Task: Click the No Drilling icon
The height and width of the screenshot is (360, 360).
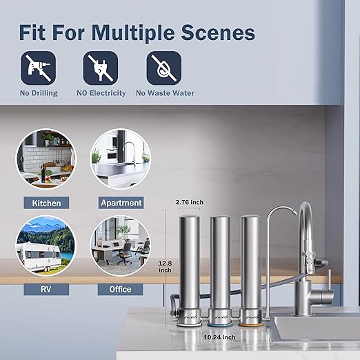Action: pyautogui.click(x=38, y=68)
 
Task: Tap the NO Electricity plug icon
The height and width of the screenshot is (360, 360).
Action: pyautogui.click(x=101, y=68)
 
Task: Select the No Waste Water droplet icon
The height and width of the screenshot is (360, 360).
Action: pyautogui.click(x=164, y=68)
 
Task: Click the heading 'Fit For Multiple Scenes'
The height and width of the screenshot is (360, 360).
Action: pyautogui.click(x=137, y=32)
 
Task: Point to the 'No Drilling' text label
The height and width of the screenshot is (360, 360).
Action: pyautogui.click(x=38, y=93)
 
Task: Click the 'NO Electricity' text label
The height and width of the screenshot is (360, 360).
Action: pyautogui.click(x=101, y=93)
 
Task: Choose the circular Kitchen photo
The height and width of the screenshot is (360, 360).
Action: pyautogui.click(x=46, y=159)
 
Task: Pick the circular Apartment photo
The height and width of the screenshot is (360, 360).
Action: pyautogui.click(x=121, y=159)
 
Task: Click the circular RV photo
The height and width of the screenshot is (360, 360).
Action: pyautogui.click(x=46, y=245)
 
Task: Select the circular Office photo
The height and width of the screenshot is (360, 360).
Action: pyautogui.click(x=121, y=245)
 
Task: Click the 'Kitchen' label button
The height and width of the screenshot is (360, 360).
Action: pyautogui.click(x=46, y=203)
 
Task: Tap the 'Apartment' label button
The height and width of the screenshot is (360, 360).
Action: pyautogui.click(x=121, y=203)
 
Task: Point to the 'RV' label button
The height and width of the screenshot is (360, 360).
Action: pyautogui.click(x=46, y=289)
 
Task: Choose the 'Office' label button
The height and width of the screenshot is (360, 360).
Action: pyautogui.click(x=121, y=289)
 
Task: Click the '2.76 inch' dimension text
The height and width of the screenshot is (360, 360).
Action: pyautogui.click(x=189, y=201)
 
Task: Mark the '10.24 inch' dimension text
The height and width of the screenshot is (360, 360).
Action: pyautogui.click(x=220, y=338)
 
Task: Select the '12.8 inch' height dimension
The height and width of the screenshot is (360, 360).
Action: pyautogui.click(x=163, y=266)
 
